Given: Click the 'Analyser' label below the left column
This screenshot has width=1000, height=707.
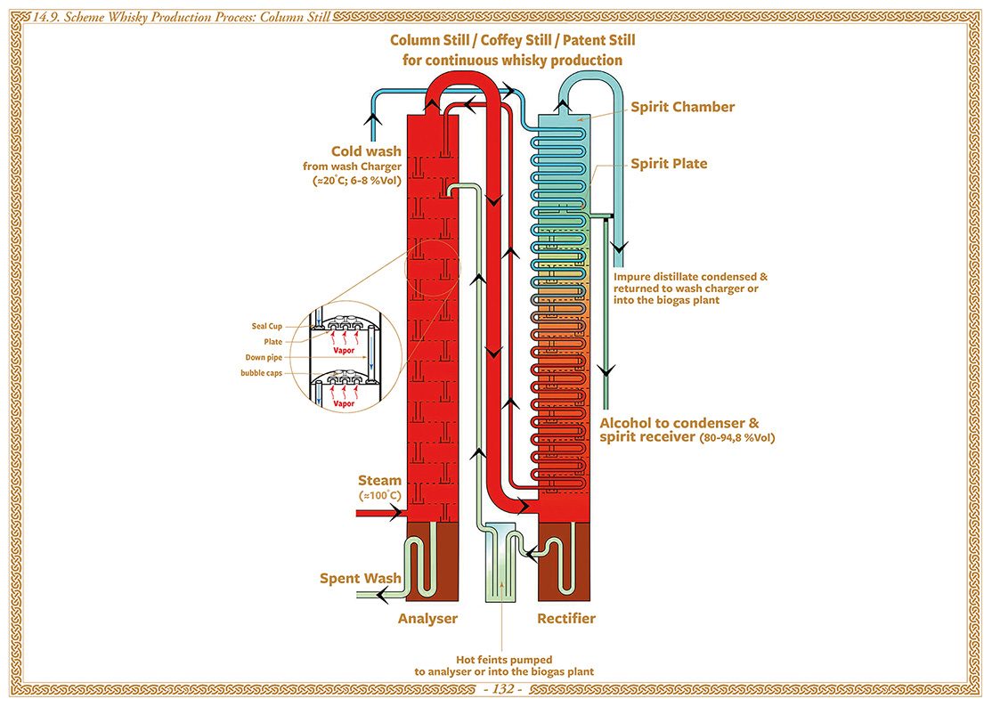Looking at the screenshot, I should point(427,618).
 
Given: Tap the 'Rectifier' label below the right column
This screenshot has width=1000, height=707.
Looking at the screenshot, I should point(566,618).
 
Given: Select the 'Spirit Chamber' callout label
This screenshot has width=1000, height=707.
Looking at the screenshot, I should point(683,107).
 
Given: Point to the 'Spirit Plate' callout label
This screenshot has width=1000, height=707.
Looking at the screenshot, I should point(669,164).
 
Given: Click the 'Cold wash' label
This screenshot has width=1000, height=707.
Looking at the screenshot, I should point(366,151).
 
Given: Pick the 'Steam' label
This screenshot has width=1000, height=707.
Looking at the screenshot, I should point(379,481).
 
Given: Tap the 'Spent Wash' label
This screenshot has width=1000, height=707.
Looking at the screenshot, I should point(361,579).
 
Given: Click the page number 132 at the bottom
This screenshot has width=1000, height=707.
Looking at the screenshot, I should point(500,690).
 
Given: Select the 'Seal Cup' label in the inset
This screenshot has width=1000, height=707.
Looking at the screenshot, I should point(267,326).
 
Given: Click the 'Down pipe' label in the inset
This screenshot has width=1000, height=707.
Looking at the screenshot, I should point(264,357).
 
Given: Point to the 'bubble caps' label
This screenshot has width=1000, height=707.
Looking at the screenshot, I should point(261,373).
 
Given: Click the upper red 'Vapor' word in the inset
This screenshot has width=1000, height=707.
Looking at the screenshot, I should point(344,351).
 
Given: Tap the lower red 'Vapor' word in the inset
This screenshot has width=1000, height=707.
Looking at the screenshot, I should point(344,403).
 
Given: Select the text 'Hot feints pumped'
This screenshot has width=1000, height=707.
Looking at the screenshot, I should point(503,660).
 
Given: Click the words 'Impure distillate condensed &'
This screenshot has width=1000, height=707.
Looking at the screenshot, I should point(690,277).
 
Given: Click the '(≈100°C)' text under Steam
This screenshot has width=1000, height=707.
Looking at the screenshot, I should point(379,495).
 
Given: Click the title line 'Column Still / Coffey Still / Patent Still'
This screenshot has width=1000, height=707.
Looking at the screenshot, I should point(513,41).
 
